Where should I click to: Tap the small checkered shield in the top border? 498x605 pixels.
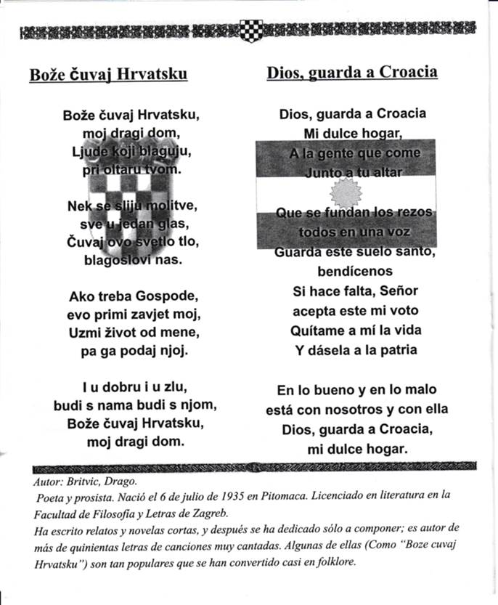[x=250, y=31]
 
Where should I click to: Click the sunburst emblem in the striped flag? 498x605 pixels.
[x=345, y=192]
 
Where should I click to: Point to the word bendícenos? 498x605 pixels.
[x=355, y=271]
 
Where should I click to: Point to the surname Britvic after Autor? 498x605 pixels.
[x=86, y=481]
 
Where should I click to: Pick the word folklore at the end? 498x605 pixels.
[x=330, y=561]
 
